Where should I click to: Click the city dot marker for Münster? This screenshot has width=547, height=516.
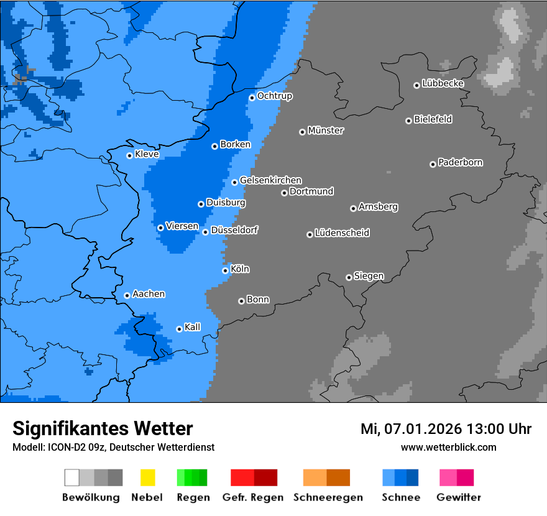tap(302, 132)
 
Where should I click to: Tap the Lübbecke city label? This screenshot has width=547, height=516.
tap(443, 83)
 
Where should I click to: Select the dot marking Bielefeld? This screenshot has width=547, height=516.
tap(408, 121)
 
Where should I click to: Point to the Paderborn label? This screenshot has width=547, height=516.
tap(461, 162)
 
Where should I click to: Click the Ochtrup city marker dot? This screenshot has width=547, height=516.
tap(252, 98)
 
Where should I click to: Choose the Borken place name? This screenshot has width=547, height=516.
tap(236, 144)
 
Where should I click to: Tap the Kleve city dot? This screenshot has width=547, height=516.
tap(129, 155)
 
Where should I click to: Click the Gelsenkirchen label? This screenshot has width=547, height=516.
tap(270, 180)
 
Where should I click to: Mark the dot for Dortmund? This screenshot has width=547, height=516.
tap(284, 193)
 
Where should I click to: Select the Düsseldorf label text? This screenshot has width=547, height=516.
tap(234, 230)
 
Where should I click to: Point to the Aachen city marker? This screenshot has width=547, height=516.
tap(127, 295)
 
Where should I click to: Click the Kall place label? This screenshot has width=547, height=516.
tap(193, 327)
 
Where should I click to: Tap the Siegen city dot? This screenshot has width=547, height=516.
tap(349, 277)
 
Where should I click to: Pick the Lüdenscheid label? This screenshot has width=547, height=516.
tap(342, 233)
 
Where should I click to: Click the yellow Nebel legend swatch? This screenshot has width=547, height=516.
tap(147, 477)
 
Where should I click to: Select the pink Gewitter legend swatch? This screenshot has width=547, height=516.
tap(449, 477)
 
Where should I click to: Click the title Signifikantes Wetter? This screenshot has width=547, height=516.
tap(103, 428)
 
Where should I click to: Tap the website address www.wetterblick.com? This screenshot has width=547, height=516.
tap(449, 447)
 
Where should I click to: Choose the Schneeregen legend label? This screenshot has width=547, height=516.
tap(328, 497)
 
